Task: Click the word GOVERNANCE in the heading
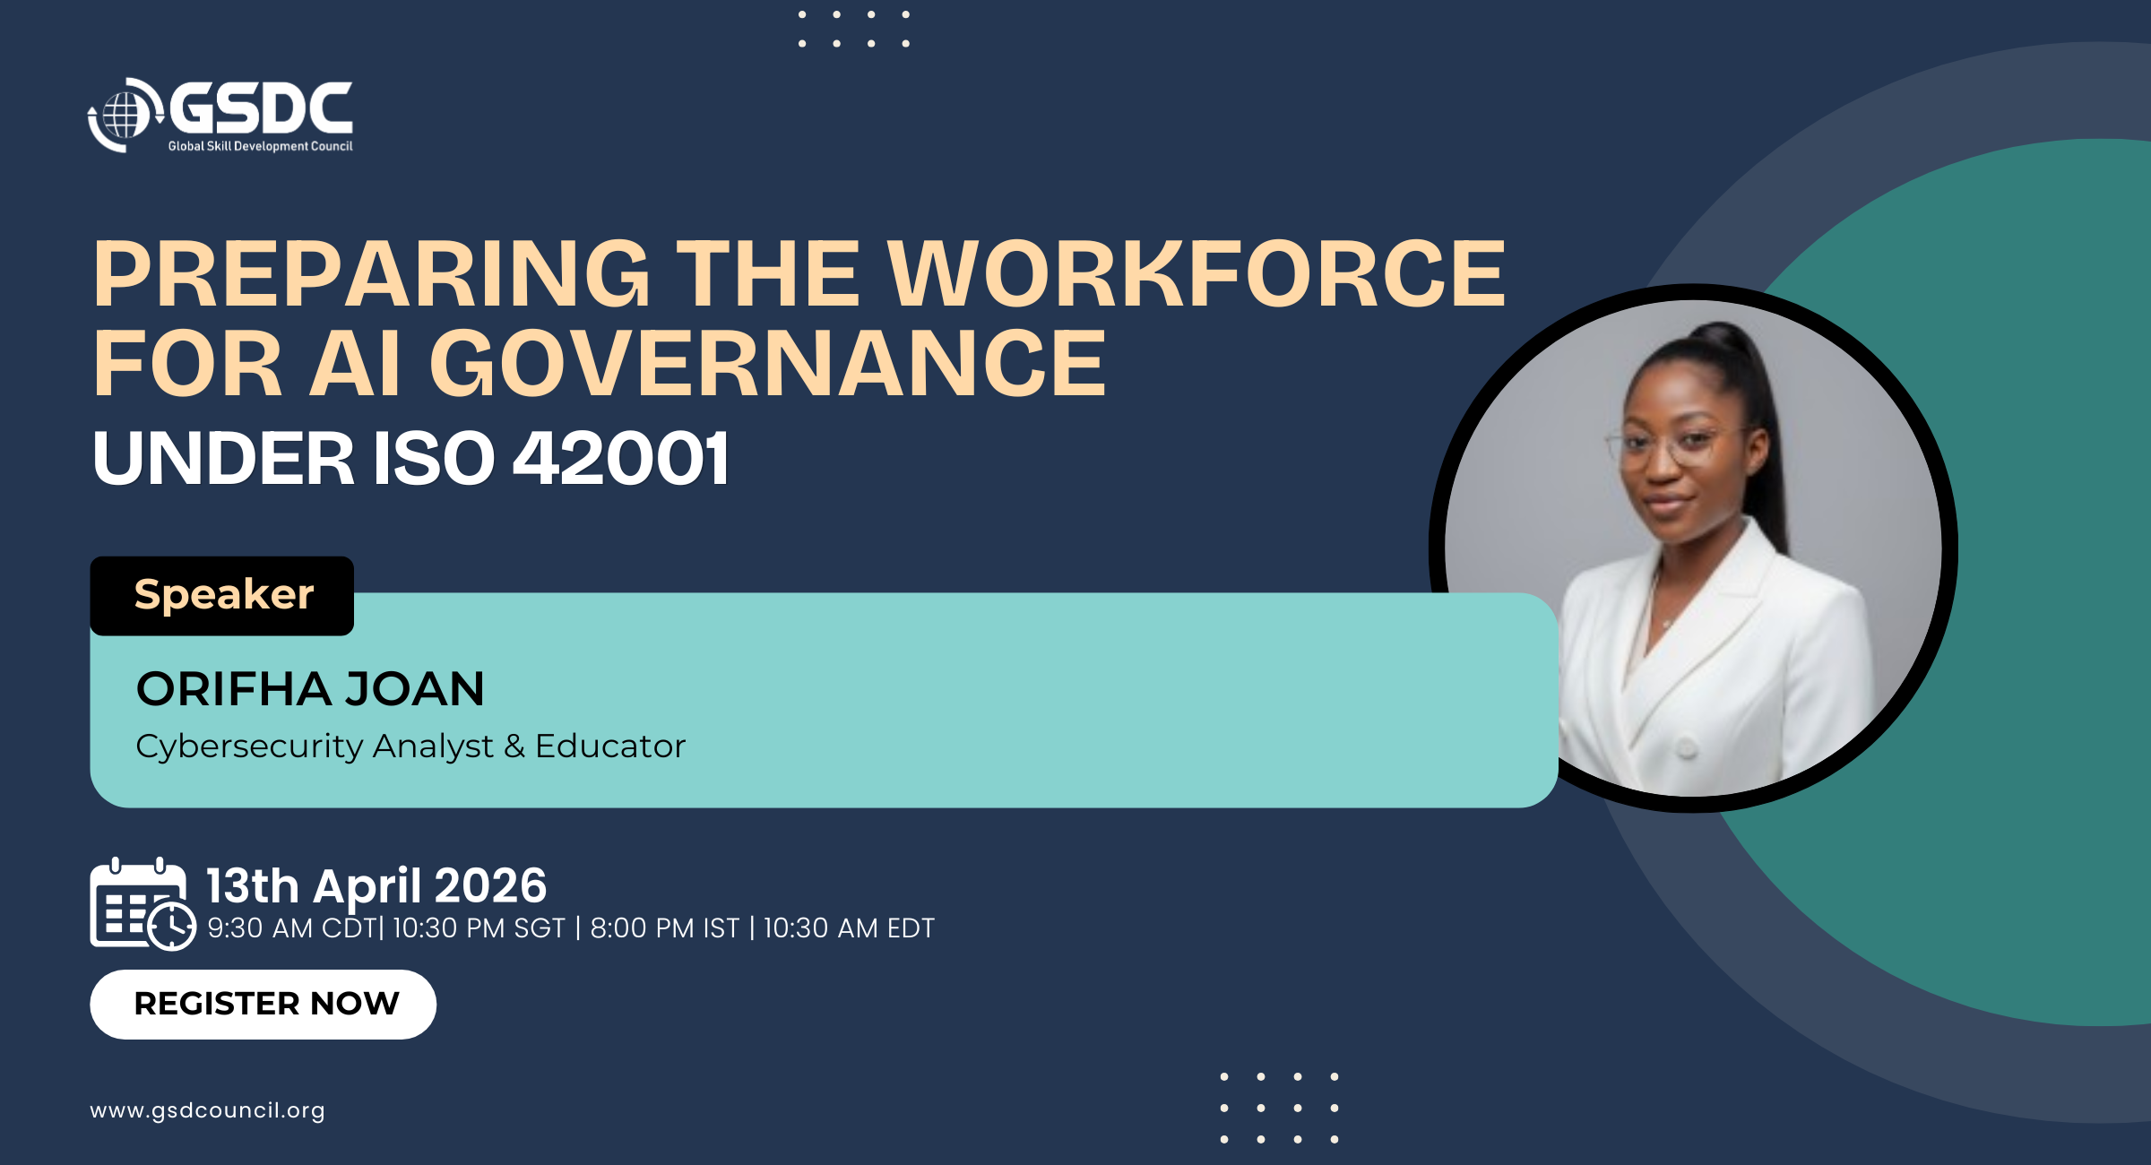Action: point(768,363)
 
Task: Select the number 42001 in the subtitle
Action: point(621,459)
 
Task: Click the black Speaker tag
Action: point(222,595)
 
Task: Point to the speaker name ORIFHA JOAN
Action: point(310,688)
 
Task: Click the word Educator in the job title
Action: point(610,746)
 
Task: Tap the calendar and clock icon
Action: point(143,903)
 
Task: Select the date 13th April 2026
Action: point(376,885)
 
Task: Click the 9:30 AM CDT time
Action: point(291,928)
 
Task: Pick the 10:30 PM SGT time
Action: point(479,928)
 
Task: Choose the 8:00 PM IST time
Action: point(665,928)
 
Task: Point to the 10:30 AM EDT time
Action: point(849,928)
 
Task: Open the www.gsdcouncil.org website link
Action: point(207,1110)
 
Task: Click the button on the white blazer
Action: point(1688,747)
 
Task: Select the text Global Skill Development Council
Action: point(260,146)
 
